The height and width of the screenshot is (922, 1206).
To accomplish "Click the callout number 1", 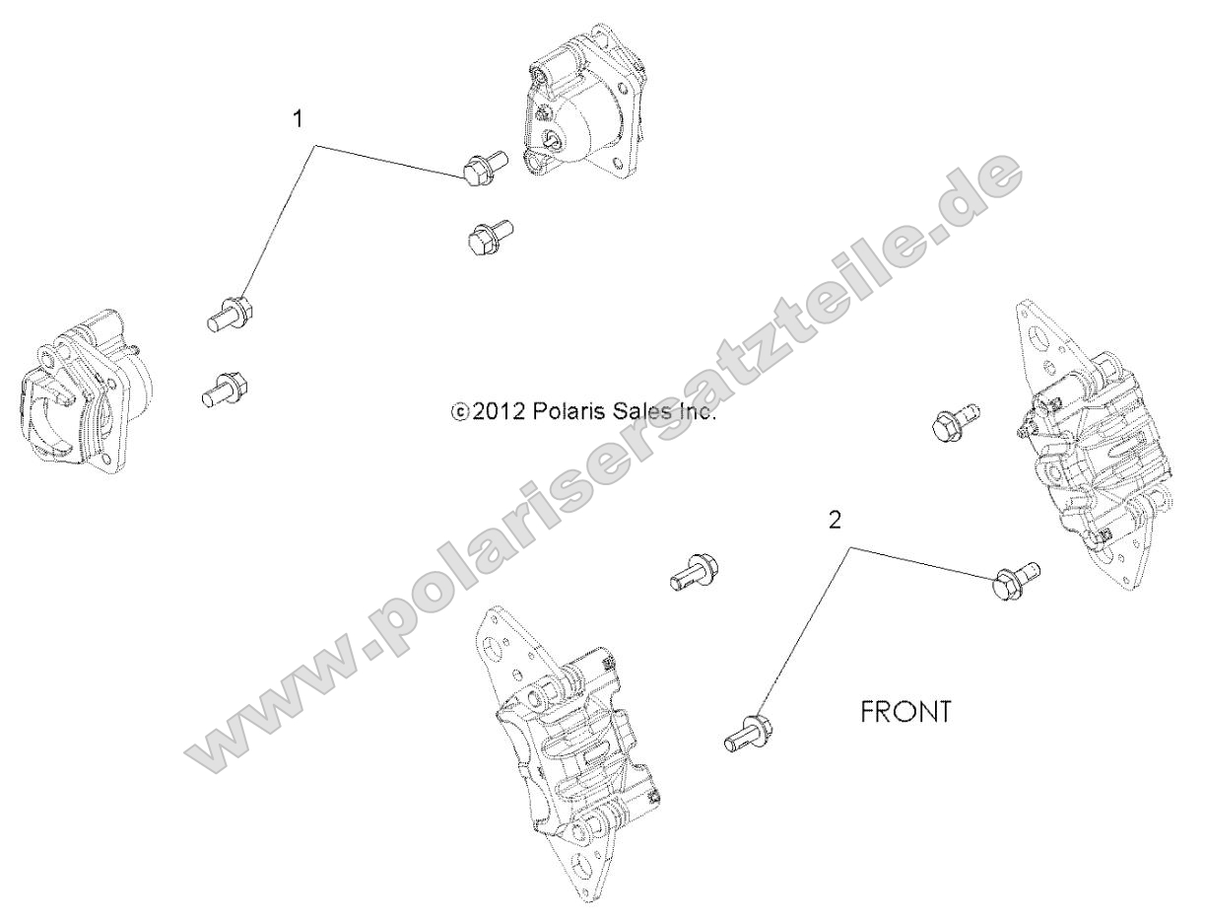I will [x=298, y=119].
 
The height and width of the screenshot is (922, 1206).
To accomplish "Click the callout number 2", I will [x=835, y=522].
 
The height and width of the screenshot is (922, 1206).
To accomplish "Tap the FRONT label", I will [x=905, y=712].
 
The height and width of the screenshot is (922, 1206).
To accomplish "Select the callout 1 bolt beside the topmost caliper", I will [x=482, y=169].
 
